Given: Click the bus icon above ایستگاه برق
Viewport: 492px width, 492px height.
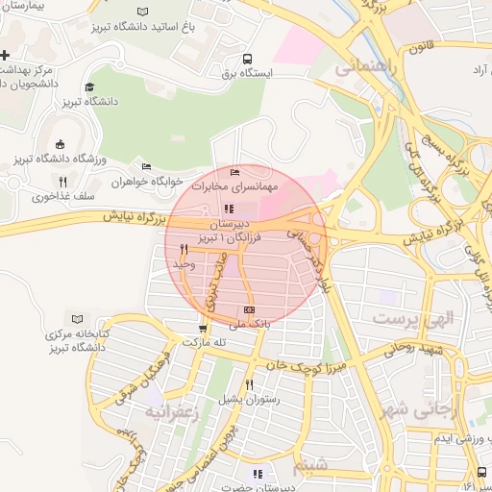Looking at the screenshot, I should tap(248, 58).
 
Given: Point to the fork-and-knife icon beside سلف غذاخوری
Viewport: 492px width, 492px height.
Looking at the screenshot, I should tap(62, 181).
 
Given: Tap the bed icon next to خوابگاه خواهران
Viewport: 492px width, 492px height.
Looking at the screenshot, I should tap(146, 165).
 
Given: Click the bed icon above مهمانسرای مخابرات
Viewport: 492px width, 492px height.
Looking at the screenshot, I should tap(235, 171).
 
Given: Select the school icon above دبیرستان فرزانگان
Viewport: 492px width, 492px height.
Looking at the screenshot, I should tap(228, 209).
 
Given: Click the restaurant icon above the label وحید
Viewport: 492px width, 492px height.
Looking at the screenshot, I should tap(183, 249).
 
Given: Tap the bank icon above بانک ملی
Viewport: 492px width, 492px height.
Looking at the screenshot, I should tap(250, 309).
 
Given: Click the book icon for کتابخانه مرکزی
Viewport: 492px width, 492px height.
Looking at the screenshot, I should tap(78, 318).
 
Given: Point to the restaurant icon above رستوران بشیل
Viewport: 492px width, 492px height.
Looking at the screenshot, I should tap(249, 384).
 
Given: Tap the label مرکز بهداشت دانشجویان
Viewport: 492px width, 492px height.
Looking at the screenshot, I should tap(27, 77).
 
